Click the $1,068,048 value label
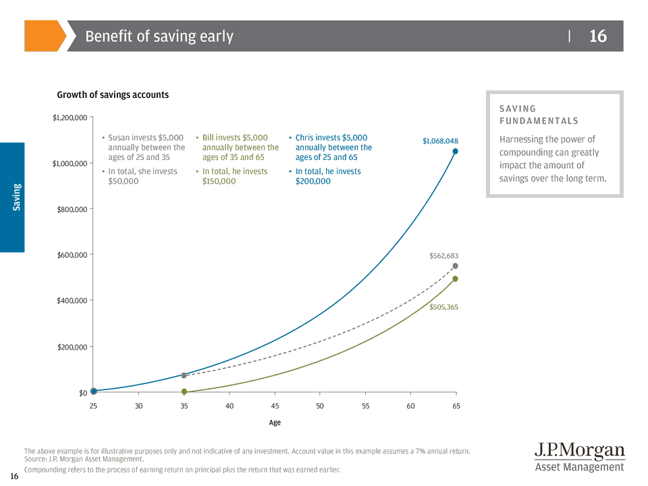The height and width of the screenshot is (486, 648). click(440, 141)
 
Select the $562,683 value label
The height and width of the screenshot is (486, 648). click(443, 256)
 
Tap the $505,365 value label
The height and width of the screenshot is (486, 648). click(443, 307)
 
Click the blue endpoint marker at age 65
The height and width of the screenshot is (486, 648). click(455, 151)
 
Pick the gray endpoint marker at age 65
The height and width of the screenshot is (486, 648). click(455, 266)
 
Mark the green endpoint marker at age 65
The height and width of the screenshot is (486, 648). click(455, 279)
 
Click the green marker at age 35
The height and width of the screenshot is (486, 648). click(184, 391)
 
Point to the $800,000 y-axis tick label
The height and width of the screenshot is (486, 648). click(72, 209)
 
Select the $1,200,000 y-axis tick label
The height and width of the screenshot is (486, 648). click(70, 118)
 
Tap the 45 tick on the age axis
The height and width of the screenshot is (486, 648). click(275, 406)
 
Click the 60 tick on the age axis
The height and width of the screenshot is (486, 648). click(410, 406)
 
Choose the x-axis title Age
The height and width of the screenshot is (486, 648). click(275, 423)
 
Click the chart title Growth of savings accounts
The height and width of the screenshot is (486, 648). click(113, 94)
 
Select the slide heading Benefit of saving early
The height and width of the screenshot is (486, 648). click(159, 36)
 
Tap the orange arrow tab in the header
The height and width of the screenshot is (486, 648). click(45, 36)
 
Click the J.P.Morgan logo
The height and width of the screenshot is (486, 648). click(579, 457)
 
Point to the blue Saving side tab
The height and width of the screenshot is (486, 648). click(13, 197)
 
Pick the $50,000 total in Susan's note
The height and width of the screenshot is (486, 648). click(124, 181)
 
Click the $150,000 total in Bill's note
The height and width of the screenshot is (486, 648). click(219, 181)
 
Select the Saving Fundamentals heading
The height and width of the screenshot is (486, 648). click(539, 115)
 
